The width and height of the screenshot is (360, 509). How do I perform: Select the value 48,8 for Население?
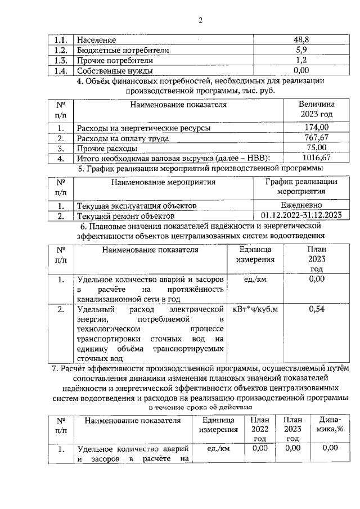[x=301, y=40]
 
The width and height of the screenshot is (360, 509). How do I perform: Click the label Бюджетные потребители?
[x=123, y=51]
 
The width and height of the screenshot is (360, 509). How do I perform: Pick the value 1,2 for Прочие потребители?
[x=301, y=61]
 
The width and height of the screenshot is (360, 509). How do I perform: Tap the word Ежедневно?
[x=301, y=206]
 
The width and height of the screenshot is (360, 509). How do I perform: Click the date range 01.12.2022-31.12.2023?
[x=301, y=215]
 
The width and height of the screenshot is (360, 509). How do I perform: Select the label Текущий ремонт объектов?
[x=126, y=215]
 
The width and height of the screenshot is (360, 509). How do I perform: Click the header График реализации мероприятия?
[x=301, y=186]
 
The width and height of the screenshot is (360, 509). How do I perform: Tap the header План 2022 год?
[x=260, y=430]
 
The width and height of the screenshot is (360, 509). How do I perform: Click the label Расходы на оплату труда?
[x=123, y=138]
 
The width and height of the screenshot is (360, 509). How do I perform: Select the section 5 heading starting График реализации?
[x=200, y=168]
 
